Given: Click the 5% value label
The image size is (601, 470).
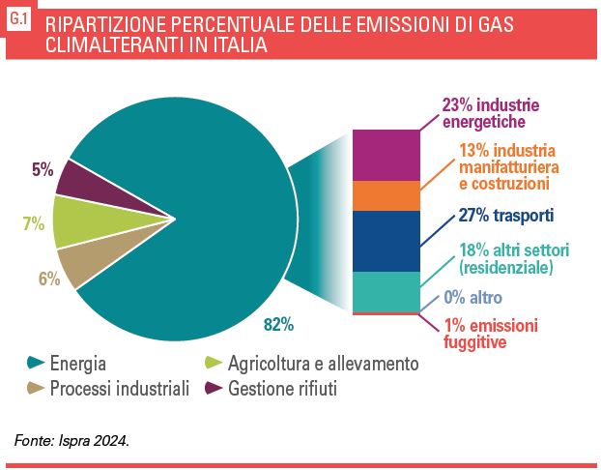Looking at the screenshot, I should click(x=42, y=169).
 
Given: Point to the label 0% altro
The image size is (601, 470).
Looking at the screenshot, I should click(x=472, y=298).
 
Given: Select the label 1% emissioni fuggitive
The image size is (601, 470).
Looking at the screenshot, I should click(x=490, y=333).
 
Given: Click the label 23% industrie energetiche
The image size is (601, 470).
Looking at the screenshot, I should click(x=490, y=113).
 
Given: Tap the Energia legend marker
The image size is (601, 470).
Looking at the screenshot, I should click(x=37, y=364).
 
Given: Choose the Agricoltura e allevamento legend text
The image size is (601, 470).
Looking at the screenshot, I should click(x=323, y=365).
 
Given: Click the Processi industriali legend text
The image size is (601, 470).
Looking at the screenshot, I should click(x=119, y=389).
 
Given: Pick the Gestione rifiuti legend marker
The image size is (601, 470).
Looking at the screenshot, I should click(x=215, y=389).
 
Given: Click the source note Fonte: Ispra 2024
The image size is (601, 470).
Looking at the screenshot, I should click(x=72, y=441).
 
